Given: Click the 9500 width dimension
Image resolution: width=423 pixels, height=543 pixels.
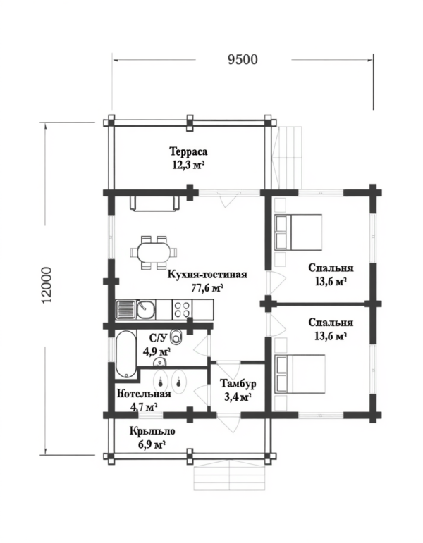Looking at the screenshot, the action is tap(243, 60).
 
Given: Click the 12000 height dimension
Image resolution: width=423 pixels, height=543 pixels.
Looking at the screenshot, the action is tap(46, 285).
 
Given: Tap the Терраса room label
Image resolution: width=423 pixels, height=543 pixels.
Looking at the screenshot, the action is tap(188, 151).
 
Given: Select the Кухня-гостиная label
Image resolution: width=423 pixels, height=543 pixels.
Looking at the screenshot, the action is tap(207, 275).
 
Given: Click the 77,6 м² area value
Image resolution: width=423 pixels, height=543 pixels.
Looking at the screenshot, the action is tap(207, 288).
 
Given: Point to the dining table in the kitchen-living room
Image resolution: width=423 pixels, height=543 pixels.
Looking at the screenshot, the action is tap(154, 252).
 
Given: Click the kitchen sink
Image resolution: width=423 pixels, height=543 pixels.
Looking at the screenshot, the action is tap(135, 310).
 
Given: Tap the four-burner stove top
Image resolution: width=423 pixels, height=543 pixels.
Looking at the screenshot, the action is tap(182, 310).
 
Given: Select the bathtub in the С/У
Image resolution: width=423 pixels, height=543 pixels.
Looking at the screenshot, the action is tap(125, 354).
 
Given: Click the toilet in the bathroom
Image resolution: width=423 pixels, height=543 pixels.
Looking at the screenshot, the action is tap(176, 336).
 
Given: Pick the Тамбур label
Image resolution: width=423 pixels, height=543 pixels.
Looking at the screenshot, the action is tap(238, 384).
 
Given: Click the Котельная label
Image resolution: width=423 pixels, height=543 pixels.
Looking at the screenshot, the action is tap(144, 394).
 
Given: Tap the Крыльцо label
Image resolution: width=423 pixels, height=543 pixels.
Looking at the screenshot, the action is tap(152, 432).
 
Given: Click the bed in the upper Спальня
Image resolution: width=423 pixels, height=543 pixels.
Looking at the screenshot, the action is tap(298, 232).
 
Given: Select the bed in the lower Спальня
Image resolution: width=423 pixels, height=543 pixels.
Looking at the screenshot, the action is tap(300, 374).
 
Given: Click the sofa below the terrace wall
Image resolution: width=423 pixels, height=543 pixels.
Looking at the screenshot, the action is tap(154, 204).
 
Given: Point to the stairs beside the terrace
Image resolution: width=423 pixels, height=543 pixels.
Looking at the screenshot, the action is tap(287, 158).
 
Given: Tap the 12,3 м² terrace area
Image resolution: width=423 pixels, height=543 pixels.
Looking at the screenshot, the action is tap(188, 165).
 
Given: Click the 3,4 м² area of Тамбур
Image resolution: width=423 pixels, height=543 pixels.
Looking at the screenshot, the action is tap(238, 397).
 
